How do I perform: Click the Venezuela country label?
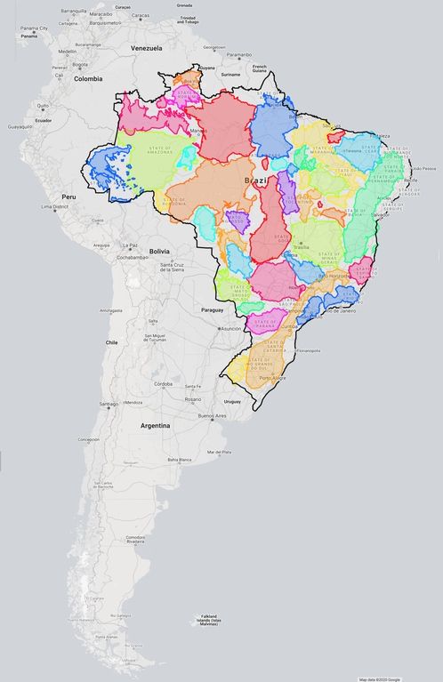pos(146,47)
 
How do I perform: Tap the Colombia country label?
pos(88,78)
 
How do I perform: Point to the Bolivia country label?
pos(160,252)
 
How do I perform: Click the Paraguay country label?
pos(212,309)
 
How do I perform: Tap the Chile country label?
pos(113,342)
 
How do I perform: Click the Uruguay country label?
pos(233,400)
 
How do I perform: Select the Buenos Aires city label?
pos(213,415)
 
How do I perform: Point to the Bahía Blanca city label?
pos(179,460)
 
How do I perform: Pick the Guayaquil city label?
pos(20,126)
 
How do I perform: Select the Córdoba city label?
pos(162,384)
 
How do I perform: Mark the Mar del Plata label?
pos(220,453)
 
